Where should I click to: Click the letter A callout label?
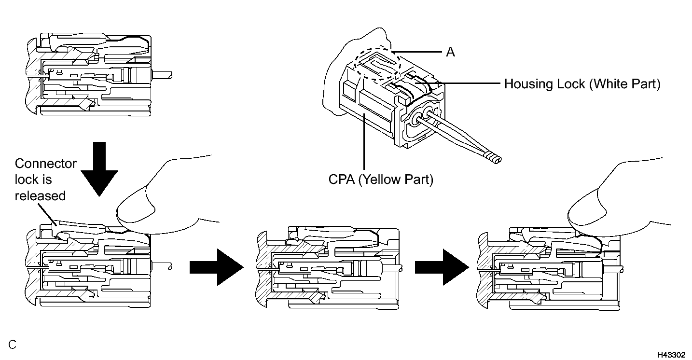click(x=450, y=52)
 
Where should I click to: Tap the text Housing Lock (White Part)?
click(x=582, y=84)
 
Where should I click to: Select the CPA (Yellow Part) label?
click(x=381, y=179)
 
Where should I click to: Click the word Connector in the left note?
click(x=45, y=164)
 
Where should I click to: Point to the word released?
click(x=40, y=196)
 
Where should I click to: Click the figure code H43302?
click(x=671, y=355)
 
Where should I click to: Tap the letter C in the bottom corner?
click(x=12, y=345)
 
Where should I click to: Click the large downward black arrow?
click(x=99, y=169)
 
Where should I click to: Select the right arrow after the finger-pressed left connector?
click(x=217, y=267)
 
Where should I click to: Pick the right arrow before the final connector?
click(x=442, y=267)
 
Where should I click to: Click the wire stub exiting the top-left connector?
click(x=162, y=75)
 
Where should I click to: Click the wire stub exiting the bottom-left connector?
click(x=162, y=267)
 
